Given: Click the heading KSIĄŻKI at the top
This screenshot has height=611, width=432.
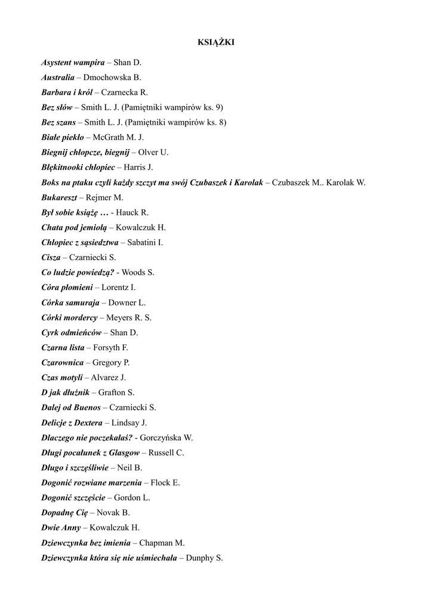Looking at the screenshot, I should [x=216, y=42].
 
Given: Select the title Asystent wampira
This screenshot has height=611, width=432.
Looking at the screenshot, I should [x=73, y=62].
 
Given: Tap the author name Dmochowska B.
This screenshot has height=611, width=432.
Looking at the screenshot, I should [x=112, y=77].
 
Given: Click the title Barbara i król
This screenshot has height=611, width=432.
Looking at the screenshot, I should [x=67, y=92].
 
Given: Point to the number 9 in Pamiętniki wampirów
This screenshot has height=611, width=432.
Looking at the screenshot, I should [x=219, y=107].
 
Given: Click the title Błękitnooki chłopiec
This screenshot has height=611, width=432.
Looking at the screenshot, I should [x=78, y=167].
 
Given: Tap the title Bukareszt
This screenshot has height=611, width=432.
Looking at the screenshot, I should [x=59, y=198].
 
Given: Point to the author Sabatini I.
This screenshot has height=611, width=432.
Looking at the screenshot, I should [x=145, y=242].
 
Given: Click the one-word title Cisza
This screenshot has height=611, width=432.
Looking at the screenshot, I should [x=51, y=257].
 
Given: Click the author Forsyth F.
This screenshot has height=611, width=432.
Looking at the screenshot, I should [x=111, y=347].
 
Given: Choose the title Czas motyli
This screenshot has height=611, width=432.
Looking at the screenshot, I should [x=62, y=378].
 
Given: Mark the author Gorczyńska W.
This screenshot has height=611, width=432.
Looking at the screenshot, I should [x=166, y=437].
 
